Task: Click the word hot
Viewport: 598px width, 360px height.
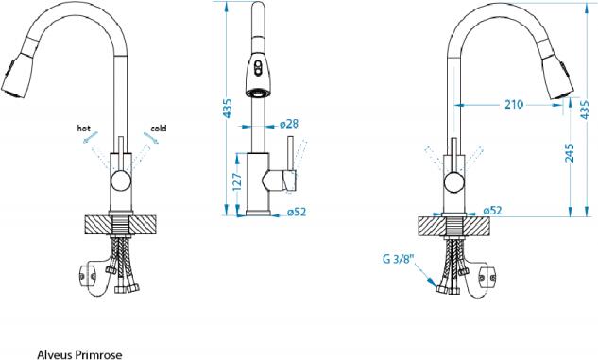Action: pos(83,129)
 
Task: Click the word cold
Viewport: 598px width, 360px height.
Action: pos(159,129)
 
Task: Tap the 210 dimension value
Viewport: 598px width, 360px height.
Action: pos(514,104)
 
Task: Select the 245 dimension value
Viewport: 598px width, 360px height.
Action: pos(569,153)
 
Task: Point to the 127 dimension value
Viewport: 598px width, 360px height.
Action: pos(237,182)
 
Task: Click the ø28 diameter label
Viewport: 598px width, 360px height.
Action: pos(289,124)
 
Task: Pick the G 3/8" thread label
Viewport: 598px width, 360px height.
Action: pos(398,259)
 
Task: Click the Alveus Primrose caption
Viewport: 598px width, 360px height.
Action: pos(79,354)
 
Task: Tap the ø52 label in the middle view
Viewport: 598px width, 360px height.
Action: pos(297,212)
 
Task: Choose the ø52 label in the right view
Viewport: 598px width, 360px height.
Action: pos(492,210)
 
